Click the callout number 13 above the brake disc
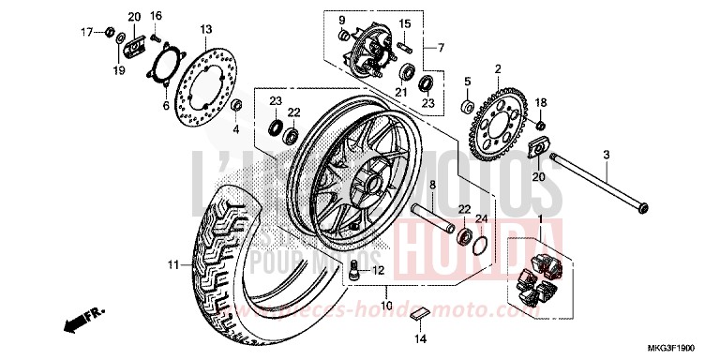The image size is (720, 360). [x=205, y=30]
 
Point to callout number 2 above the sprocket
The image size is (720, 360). [x=498, y=68]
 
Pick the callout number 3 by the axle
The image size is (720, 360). [x=606, y=154]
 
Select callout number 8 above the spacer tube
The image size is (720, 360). [x=432, y=187]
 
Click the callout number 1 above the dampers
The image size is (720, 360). [x=538, y=219]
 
